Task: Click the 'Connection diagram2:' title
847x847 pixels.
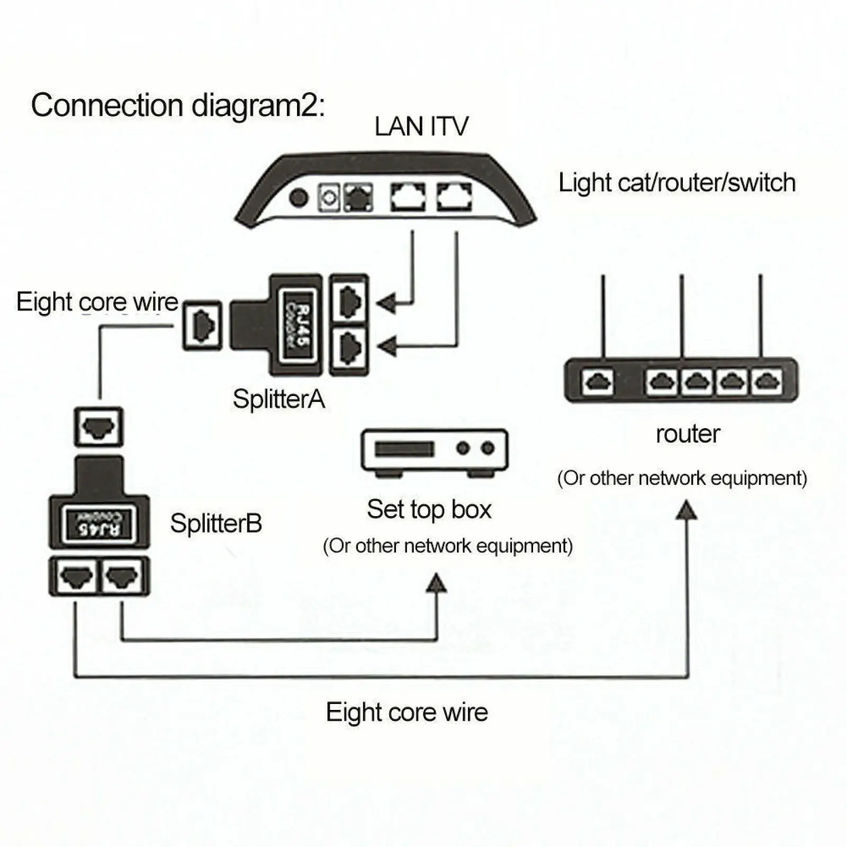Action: point(178,106)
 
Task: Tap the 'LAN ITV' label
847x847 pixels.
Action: point(421,127)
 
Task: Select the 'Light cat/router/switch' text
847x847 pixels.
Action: point(677,183)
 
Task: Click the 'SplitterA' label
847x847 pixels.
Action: point(278,399)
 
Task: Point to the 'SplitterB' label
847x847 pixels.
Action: point(216,523)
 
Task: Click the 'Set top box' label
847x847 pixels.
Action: point(429,509)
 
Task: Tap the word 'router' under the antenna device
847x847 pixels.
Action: point(688,434)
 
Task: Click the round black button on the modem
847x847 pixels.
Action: point(299,197)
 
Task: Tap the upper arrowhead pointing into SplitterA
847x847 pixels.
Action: point(386,304)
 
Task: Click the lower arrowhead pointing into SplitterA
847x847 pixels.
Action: point(386,347)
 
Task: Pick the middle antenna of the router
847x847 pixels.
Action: point(682,316)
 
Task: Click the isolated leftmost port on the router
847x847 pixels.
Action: point(598,382)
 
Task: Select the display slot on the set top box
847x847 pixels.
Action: point(404,449)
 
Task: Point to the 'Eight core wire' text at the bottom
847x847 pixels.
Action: point(407,712)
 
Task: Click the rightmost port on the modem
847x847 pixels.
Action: point(454,197)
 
